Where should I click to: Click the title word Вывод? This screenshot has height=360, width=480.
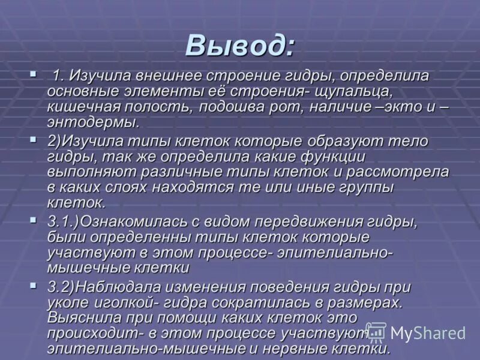point(239,45)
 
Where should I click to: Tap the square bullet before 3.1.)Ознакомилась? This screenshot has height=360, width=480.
point(32,220)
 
